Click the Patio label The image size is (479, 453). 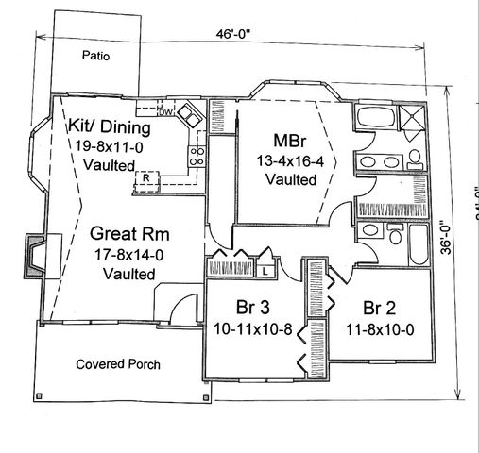[95, 56]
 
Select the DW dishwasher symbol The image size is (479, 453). [163, 113]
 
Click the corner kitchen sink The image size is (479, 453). [189, 114]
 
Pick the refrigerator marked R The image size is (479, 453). [147, 176]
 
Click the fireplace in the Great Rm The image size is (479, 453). [35, 254]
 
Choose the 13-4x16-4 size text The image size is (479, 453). [290, 160]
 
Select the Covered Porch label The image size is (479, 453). [118, 363]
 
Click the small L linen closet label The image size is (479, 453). [265, 271]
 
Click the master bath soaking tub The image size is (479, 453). [370, 122]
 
